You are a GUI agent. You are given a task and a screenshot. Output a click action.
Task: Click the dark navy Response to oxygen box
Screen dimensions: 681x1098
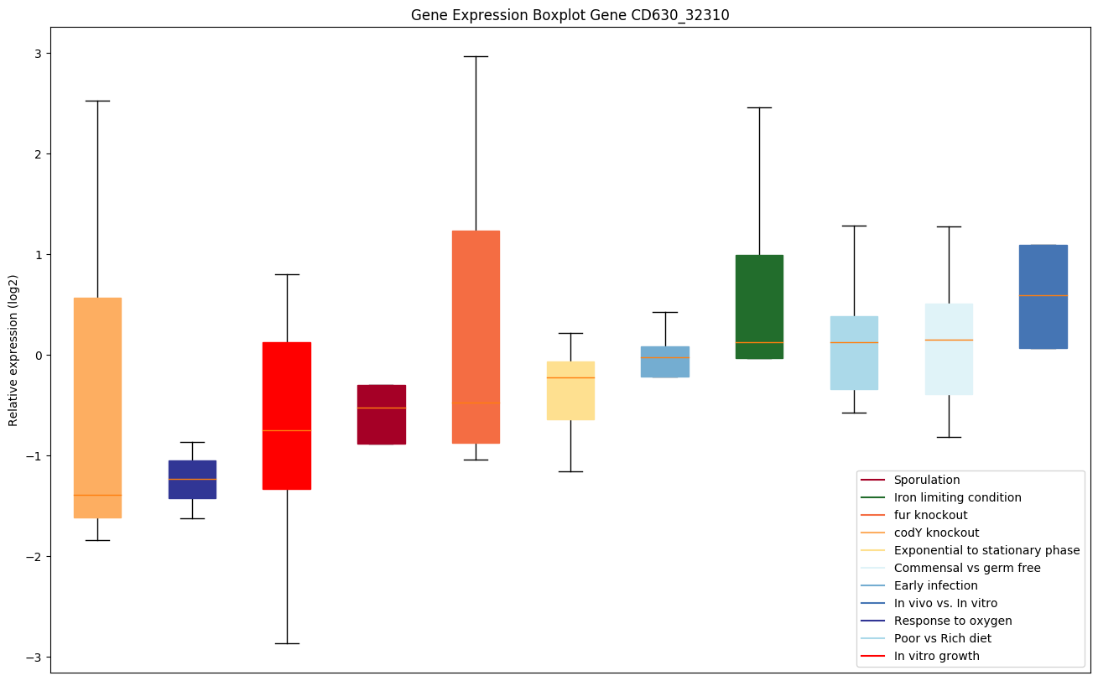(192, 480)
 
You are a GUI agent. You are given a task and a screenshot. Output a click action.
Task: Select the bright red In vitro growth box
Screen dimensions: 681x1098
(287, 416)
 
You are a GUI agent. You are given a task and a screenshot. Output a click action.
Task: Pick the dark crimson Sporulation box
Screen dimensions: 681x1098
(382, 414)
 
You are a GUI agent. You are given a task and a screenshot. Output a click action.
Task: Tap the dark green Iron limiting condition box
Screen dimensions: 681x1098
(759, 307)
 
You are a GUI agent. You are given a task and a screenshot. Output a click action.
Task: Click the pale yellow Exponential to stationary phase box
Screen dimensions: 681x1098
(570, 391)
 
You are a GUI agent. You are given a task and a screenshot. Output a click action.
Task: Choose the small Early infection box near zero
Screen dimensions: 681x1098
(665, 362)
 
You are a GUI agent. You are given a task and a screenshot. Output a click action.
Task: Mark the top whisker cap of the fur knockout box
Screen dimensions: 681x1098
(476, 56)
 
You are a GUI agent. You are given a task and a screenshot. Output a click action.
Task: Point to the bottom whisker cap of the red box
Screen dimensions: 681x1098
(287, 643)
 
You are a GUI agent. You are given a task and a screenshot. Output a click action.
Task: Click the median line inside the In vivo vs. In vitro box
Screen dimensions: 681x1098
(1043, 295)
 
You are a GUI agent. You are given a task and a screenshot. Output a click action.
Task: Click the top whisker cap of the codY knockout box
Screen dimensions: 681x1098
(97, 101)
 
